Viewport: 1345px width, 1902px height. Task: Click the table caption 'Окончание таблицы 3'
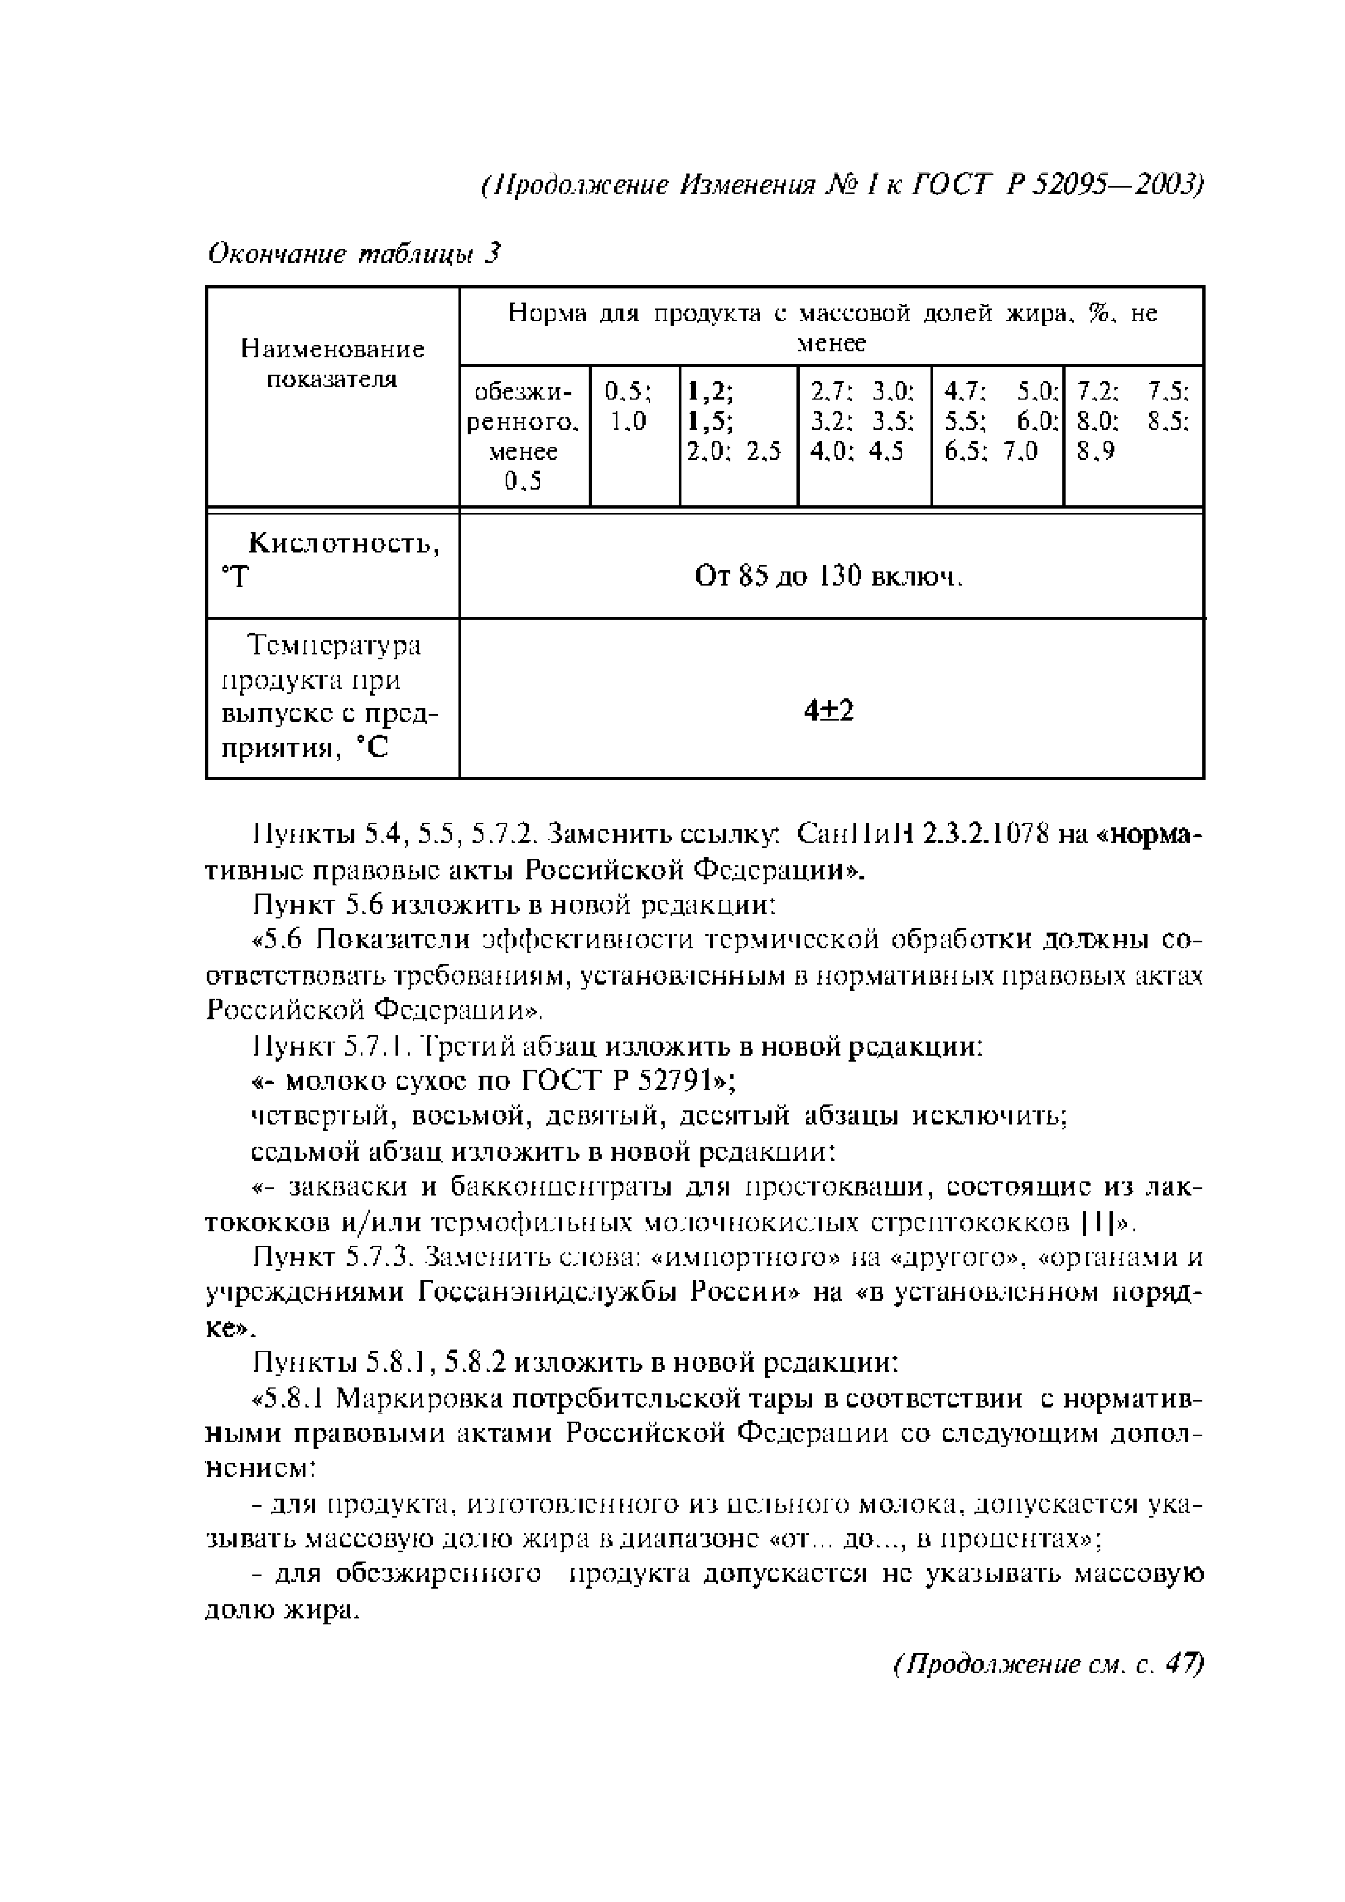[x=355, y=254]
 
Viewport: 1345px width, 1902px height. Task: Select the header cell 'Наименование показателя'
[x=332, y=364]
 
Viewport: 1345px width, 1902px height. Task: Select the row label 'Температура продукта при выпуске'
[x=332, y=697]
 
